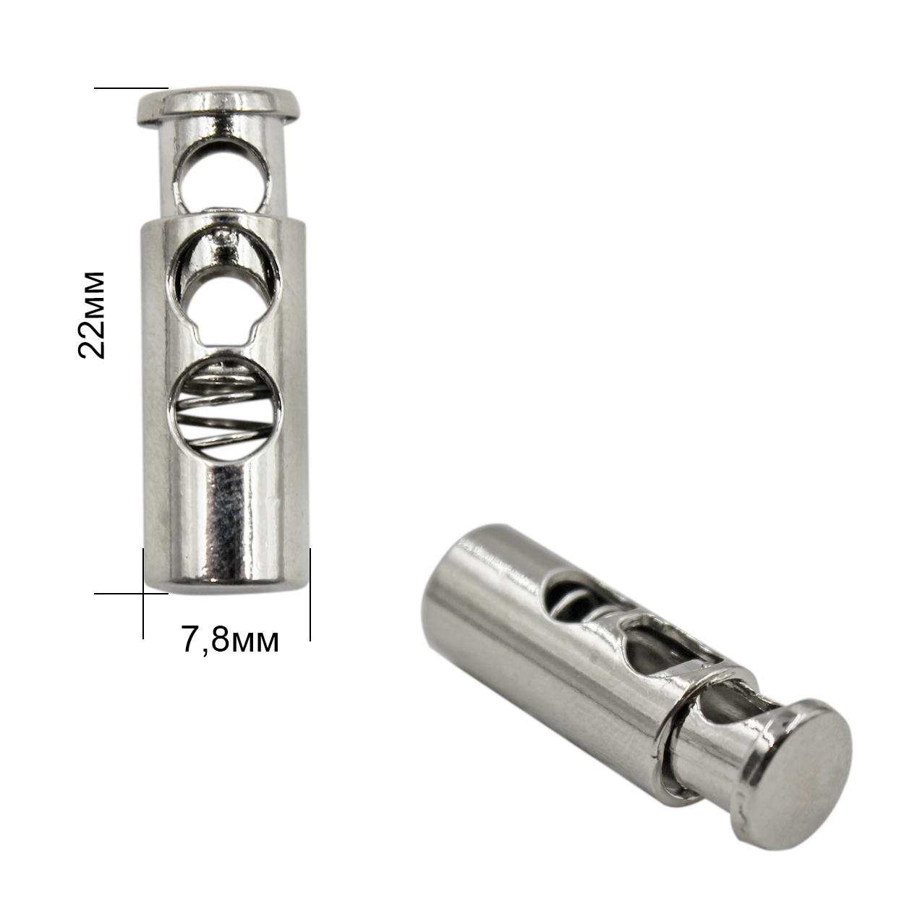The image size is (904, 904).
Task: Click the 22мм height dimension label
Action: tap(92, 315)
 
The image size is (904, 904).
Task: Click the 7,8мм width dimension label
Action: tap(229, 639)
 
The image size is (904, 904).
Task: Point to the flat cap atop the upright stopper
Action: tap(219, 106)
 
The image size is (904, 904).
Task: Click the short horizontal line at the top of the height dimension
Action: tap(131, 88)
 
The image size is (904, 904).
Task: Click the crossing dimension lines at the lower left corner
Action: tap(143, 594)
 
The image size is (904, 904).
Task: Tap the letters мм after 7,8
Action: tap(256, 641)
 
